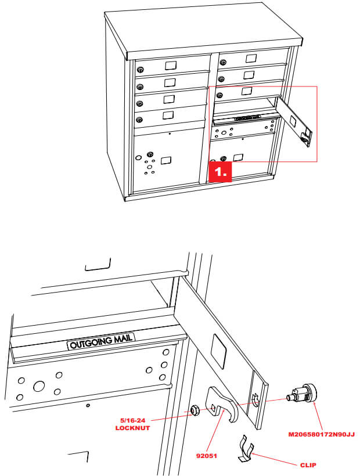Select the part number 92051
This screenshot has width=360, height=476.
206,456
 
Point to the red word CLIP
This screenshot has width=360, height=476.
311,465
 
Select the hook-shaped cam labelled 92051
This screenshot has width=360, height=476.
224,406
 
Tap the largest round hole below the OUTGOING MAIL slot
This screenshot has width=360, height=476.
39,386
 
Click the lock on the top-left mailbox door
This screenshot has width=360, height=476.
140,70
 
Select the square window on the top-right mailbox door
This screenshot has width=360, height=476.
251,58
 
